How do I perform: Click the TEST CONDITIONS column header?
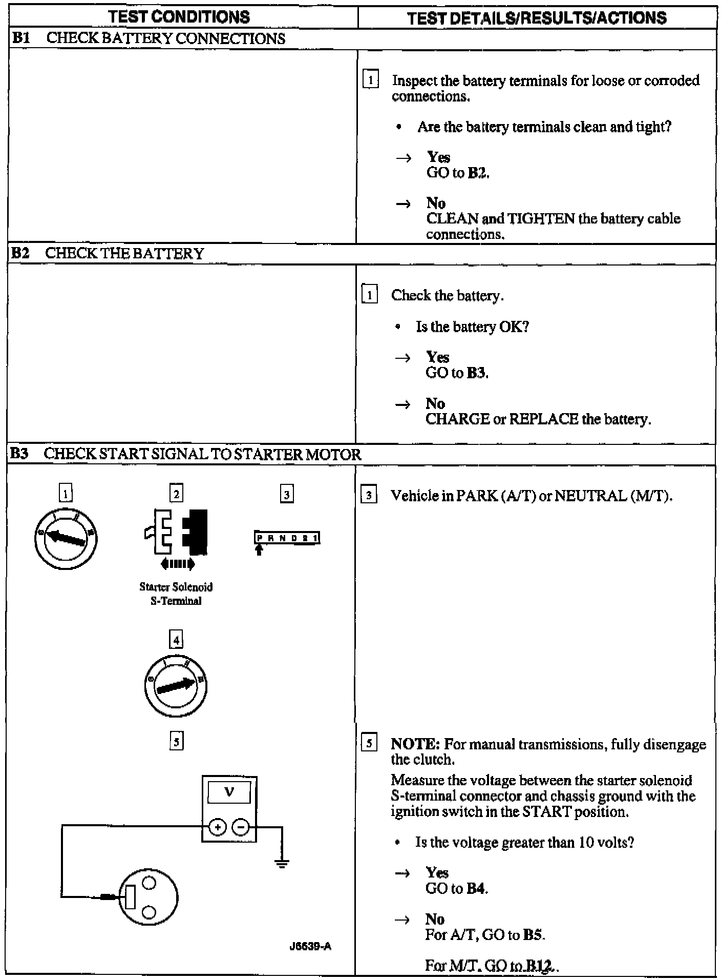tap(179, 17)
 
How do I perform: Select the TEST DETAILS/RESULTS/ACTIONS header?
tap(537, 18)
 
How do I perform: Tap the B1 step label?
tap(21, 38)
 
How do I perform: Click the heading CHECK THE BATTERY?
tap(124, 253)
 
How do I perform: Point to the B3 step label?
tap(20, 454)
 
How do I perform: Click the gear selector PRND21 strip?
tap(287, 538)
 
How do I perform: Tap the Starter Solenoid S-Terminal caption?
tap(176, 594)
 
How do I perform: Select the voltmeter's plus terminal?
tap(218, 827)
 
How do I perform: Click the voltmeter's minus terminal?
tap(241, 827)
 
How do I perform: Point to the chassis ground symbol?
tap(282, 863)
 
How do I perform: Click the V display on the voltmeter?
tap(229, 792)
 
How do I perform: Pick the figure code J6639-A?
tap(310, 946)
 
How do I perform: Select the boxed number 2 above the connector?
tap(176, 494)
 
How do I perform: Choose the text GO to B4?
tap(456, 888)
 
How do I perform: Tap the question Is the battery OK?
tap(472, 326)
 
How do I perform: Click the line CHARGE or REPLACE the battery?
tap(538, 419)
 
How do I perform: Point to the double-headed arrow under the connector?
tap(177, 564)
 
